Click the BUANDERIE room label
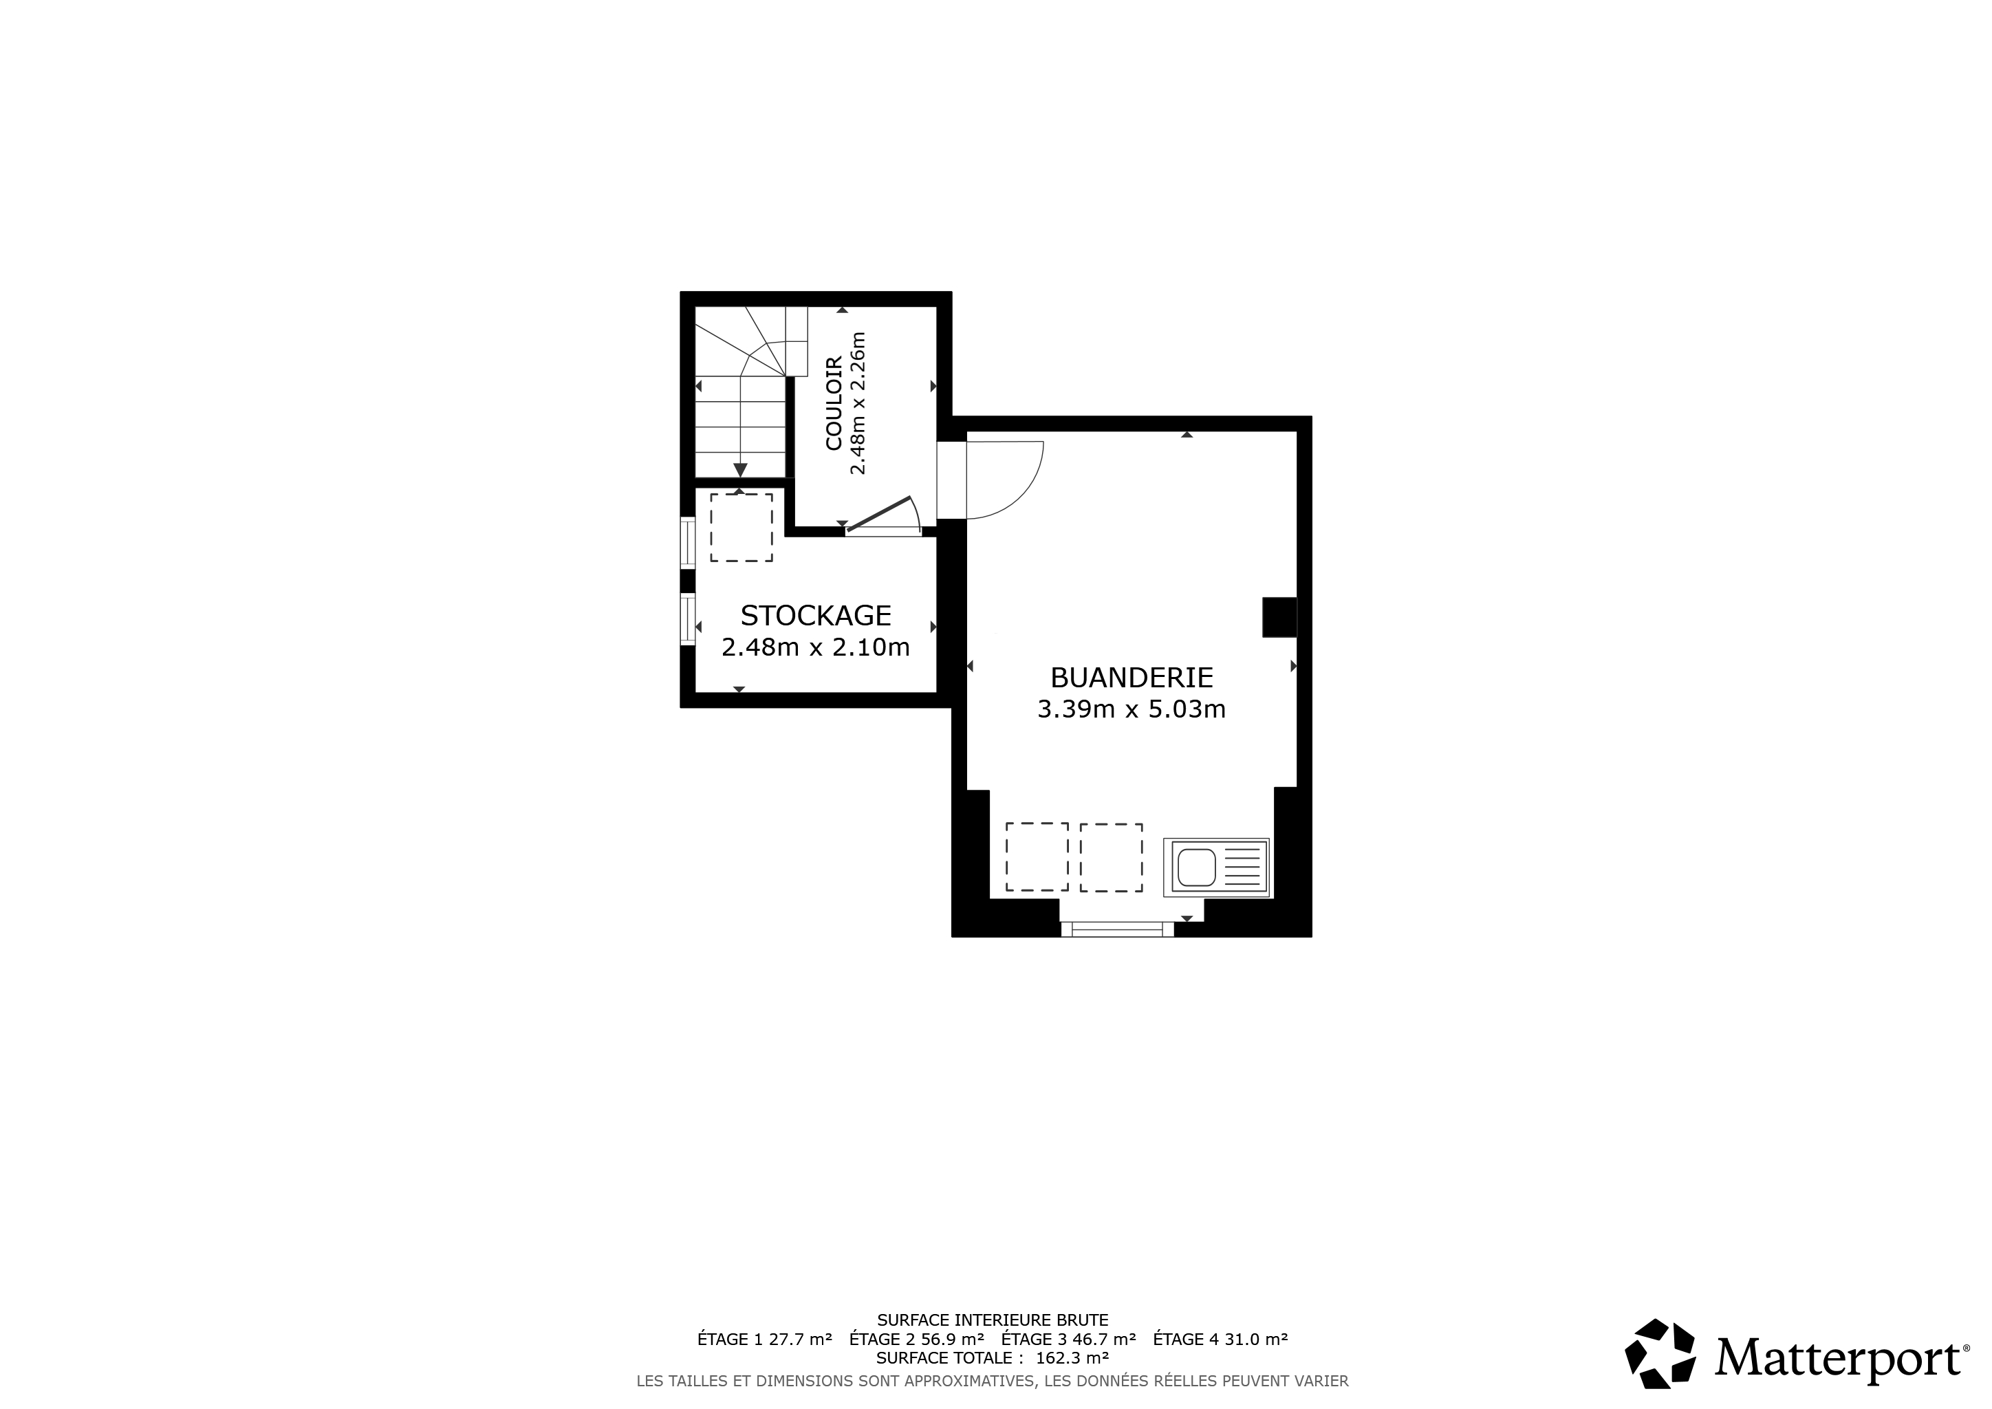[1132, 677]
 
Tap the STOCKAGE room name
[816, 615]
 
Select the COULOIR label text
[834, 403]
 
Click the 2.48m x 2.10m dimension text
[816, 647]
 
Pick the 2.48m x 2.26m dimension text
[858, 403]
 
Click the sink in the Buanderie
[1216, 867]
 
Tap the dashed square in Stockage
[741, 528]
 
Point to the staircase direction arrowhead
[740, 469]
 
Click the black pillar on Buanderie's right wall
[1279, 618]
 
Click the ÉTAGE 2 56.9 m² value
[916, 1339]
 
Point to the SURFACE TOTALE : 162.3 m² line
[993, 1358]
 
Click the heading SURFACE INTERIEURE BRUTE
[993, 1320]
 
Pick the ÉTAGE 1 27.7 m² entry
[764, 1339]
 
